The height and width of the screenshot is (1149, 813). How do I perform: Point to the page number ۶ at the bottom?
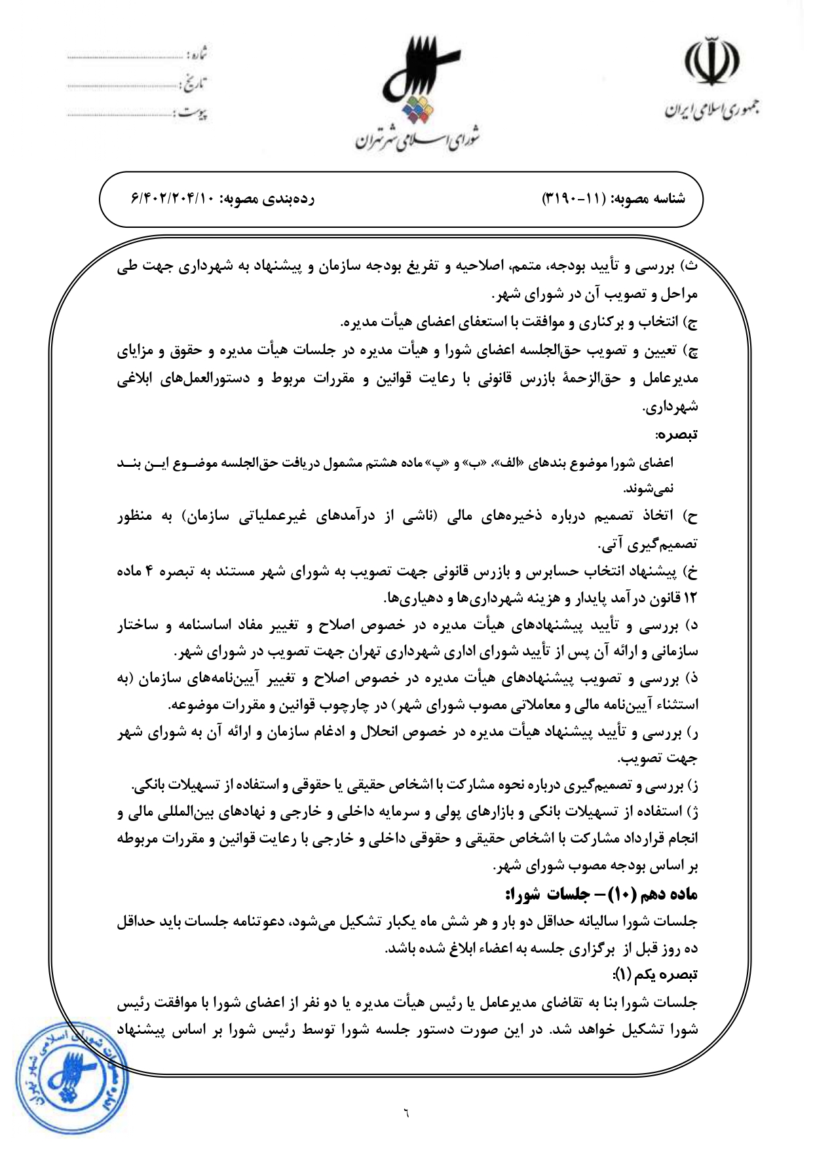pos(406,1112)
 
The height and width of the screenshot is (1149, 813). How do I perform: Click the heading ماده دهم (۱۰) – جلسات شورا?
pos(601,894)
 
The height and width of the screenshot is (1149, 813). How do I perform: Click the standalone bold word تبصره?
pos(677,434)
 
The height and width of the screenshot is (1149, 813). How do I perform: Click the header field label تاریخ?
pos(197,84)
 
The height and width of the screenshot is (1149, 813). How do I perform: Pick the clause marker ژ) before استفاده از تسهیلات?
pos(691,812)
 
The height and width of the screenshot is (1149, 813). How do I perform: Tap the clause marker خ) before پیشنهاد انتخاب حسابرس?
pos(690,572)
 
